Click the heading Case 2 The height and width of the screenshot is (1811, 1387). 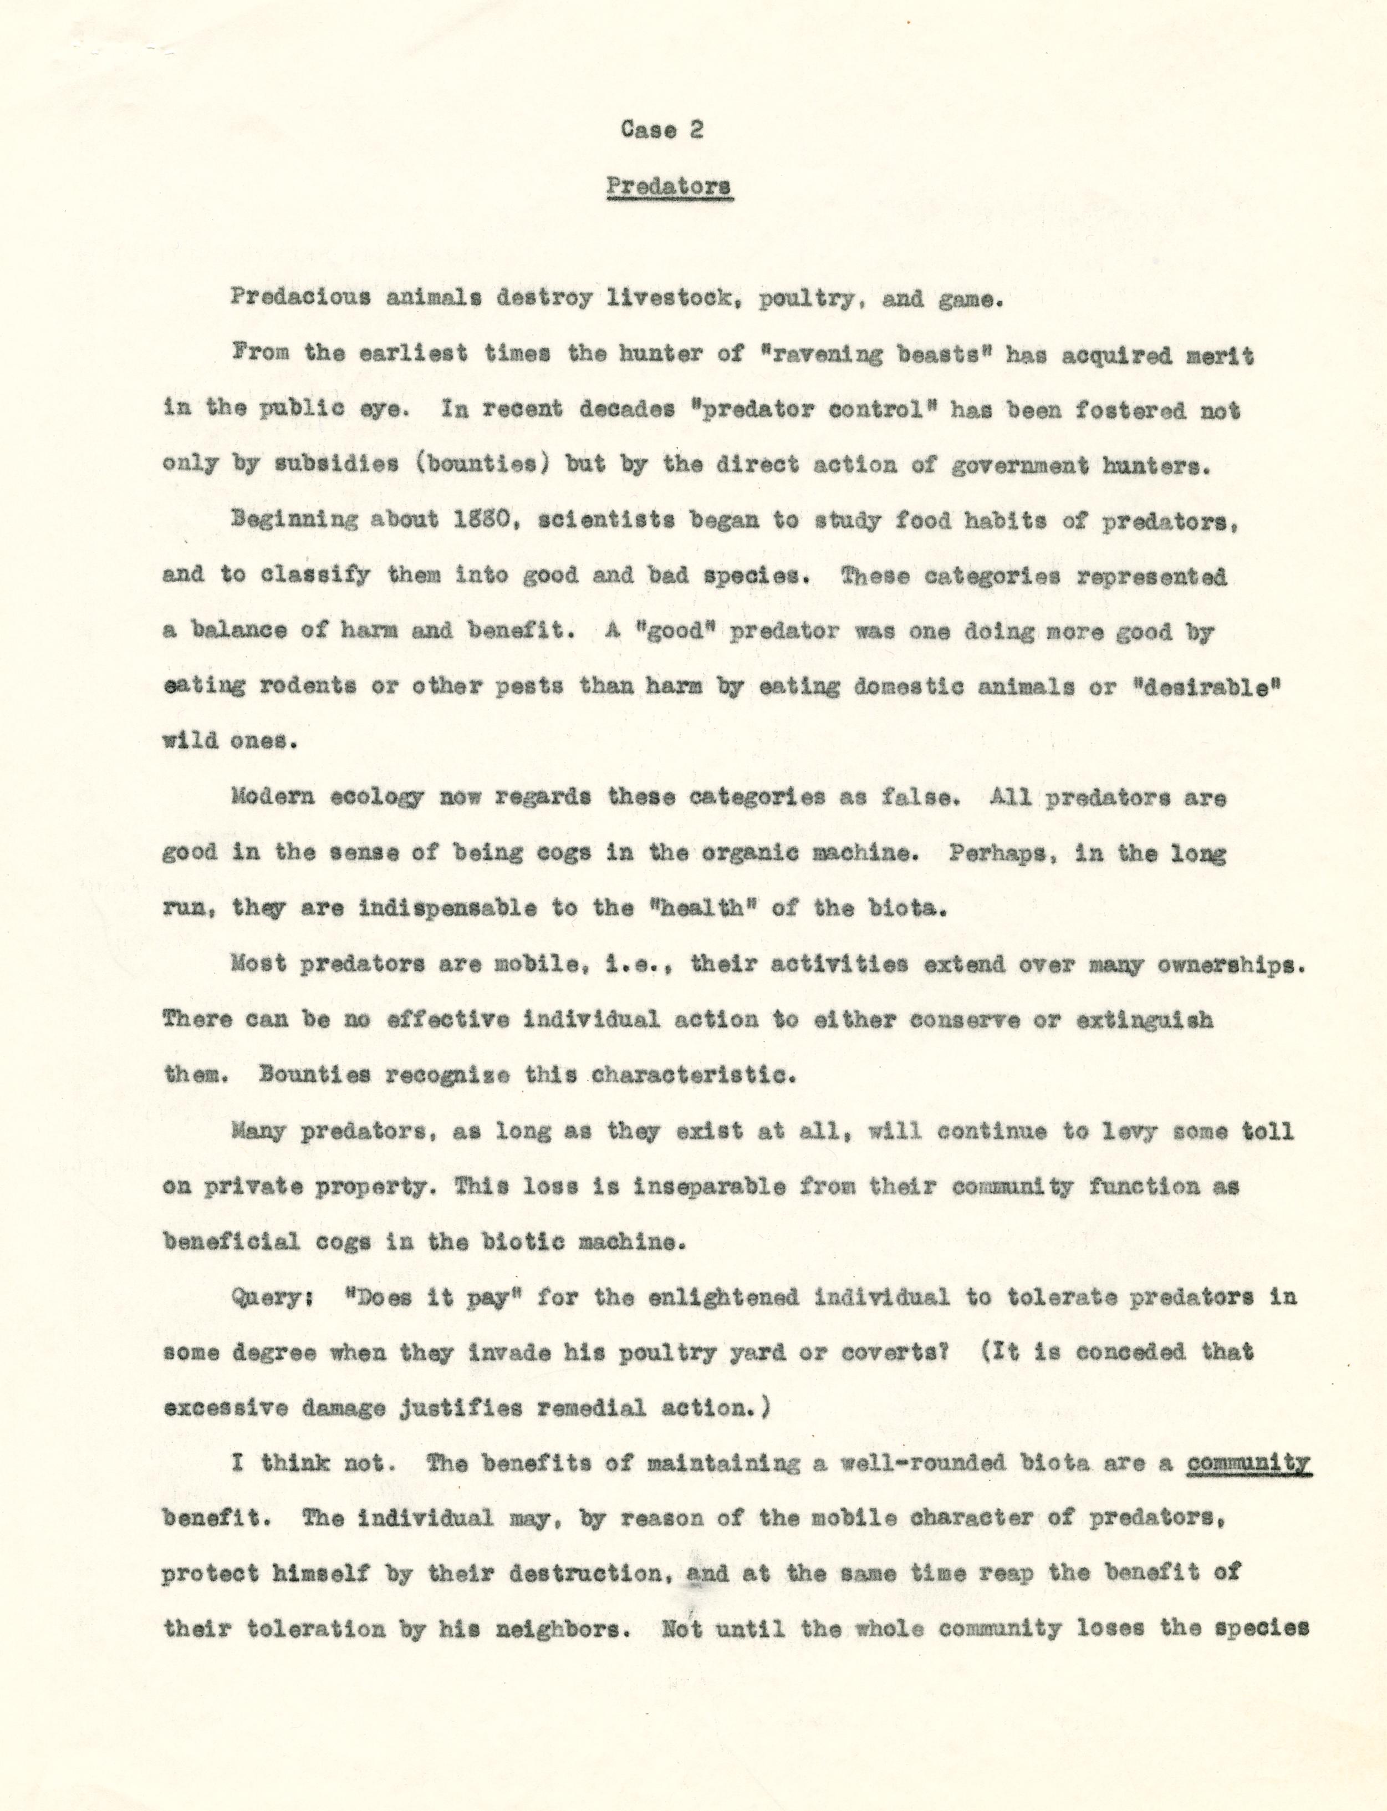coord(661,130)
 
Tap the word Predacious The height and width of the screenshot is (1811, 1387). coord(300,298)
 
